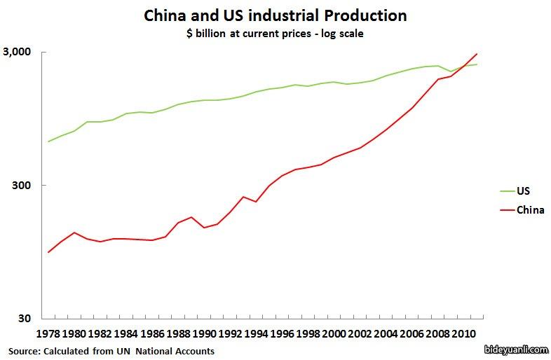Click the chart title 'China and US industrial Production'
pyautogui.click(x=275, y=15)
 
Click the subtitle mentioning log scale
pyautogui.click(x=275, y=34)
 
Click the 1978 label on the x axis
pyautogui.click(x=48, y=333)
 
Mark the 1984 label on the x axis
pyautogui.click(x=125, y=333)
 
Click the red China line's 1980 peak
pyautogui.click(x=74, y=233)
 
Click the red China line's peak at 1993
pyautogui.click(x=243, y=197)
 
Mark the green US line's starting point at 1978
pyautogui.click(x=48, y=141)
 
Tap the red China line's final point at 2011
pyautogui.click(x=477, y=54)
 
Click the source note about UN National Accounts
pyautogui.click(x=111, y=351)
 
